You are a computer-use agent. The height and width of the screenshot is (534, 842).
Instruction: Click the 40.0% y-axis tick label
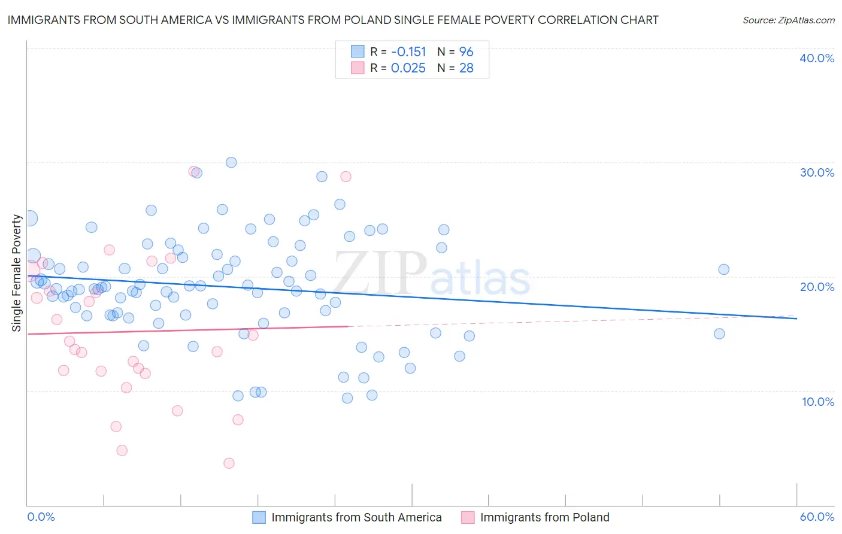[817, 58]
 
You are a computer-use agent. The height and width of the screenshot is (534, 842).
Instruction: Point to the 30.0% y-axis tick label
[817, 172]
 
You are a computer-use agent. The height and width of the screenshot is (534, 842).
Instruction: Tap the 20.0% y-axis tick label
[817, 287]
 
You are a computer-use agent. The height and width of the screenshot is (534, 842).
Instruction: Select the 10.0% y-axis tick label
[818, 402]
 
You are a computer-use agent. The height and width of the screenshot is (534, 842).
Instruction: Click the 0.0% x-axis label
[41, 517]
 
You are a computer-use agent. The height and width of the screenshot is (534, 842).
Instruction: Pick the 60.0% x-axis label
[817, 517]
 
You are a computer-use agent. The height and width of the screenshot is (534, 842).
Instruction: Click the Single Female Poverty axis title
[17, 273]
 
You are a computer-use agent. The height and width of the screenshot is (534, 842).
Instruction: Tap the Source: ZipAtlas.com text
[788, 20]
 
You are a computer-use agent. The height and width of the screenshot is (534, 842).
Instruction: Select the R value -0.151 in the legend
[408, 52]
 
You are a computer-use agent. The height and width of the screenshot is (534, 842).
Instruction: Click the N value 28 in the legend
[466, 68]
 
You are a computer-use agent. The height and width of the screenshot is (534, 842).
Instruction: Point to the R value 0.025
[408, 68]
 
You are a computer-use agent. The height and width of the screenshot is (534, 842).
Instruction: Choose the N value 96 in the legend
[466, 52]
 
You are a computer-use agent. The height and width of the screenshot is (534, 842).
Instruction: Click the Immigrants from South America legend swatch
[259, 517]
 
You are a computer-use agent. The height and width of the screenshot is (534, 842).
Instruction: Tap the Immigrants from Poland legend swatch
[468, 517]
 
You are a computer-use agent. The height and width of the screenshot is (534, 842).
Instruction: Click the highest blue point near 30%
[231, 162]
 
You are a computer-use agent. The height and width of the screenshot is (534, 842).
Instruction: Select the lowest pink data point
[229, 463]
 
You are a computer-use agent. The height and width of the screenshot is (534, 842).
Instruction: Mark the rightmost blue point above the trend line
[723, 269]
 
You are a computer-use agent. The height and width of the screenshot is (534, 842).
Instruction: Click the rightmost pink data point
[346, 177]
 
